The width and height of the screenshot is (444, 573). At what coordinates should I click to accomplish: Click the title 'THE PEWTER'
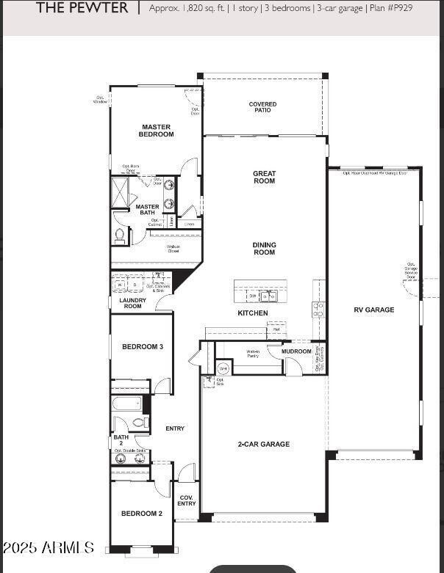pos(82,8)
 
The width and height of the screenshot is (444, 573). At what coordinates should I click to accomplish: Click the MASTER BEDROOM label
pos(157,131)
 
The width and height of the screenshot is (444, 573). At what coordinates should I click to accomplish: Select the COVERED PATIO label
pos(262,107)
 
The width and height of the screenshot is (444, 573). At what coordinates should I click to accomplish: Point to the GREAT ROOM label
pos(264,178)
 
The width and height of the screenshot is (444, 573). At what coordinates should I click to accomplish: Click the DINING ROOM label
pos(264,249)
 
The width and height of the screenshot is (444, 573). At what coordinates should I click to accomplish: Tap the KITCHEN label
pos(252,313)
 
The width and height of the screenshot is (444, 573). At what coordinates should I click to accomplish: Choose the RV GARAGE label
pos(374,310)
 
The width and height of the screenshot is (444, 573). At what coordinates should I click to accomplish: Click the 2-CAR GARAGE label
pos(263,444)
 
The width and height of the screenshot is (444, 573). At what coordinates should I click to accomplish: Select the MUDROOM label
pos(296,351)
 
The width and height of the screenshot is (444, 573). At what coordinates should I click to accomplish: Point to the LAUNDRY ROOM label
pos(132,303)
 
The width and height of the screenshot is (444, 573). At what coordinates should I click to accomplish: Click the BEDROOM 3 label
pos(142,346)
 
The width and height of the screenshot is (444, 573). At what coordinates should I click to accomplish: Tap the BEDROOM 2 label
pos(141,514)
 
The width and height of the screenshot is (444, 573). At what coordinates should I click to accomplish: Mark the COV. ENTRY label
pos(187,500)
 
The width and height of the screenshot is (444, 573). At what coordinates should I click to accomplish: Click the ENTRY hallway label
pos(175,428)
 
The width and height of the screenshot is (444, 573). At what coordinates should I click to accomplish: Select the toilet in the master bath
pos(120,236)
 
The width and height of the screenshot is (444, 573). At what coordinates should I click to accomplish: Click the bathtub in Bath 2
pos(127,404)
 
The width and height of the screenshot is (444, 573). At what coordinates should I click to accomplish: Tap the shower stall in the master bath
pos(119,191)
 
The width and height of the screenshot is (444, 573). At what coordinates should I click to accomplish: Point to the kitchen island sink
pos(269,296)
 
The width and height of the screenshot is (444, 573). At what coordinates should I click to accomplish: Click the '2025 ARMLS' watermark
pos(49,548)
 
